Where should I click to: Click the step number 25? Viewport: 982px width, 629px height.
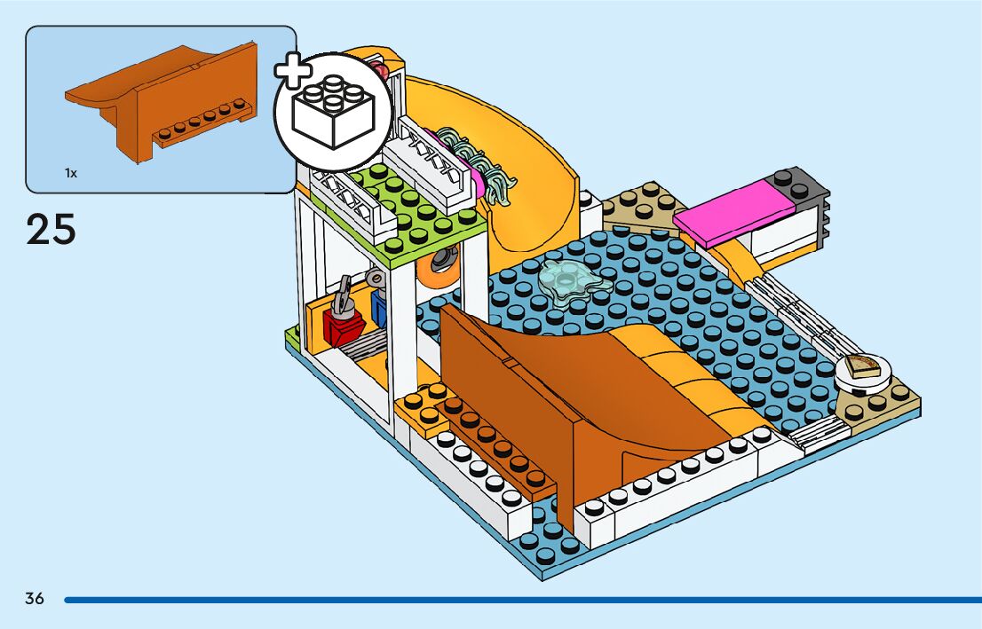51,229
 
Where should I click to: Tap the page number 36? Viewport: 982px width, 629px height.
35,599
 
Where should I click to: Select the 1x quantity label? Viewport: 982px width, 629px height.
70,174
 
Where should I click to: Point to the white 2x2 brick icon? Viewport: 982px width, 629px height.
332,111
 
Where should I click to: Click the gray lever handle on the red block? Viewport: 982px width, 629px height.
341,293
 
